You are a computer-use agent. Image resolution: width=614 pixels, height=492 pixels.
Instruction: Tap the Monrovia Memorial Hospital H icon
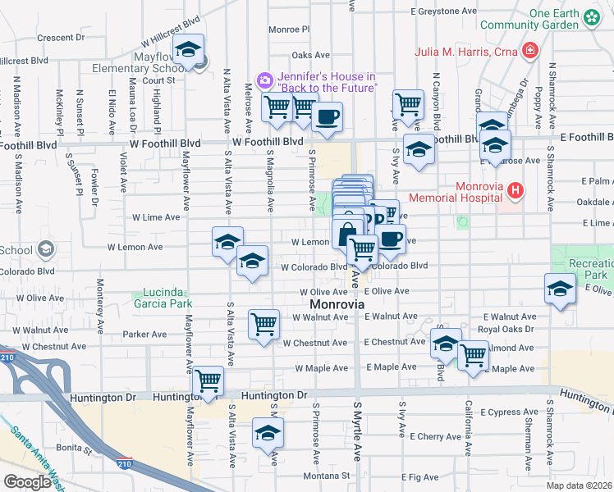click(515, 192)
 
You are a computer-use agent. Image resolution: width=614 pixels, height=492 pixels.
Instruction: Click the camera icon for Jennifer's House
click(265, 80)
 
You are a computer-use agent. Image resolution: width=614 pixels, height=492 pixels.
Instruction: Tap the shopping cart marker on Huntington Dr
click(209, 380)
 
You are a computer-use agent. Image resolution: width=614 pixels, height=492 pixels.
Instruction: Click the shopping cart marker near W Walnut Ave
click(263, 325)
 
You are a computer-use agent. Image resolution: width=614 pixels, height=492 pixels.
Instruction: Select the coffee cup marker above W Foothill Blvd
click(327, 116)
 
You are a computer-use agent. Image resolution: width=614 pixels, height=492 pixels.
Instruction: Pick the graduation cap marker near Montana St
click(268, 433)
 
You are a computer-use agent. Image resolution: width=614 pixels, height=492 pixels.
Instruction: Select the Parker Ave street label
click(144, 335)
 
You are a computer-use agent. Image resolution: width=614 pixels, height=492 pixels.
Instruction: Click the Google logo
click(27, 482)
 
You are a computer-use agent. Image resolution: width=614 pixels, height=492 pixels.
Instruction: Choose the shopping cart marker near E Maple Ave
click(474, 356)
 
